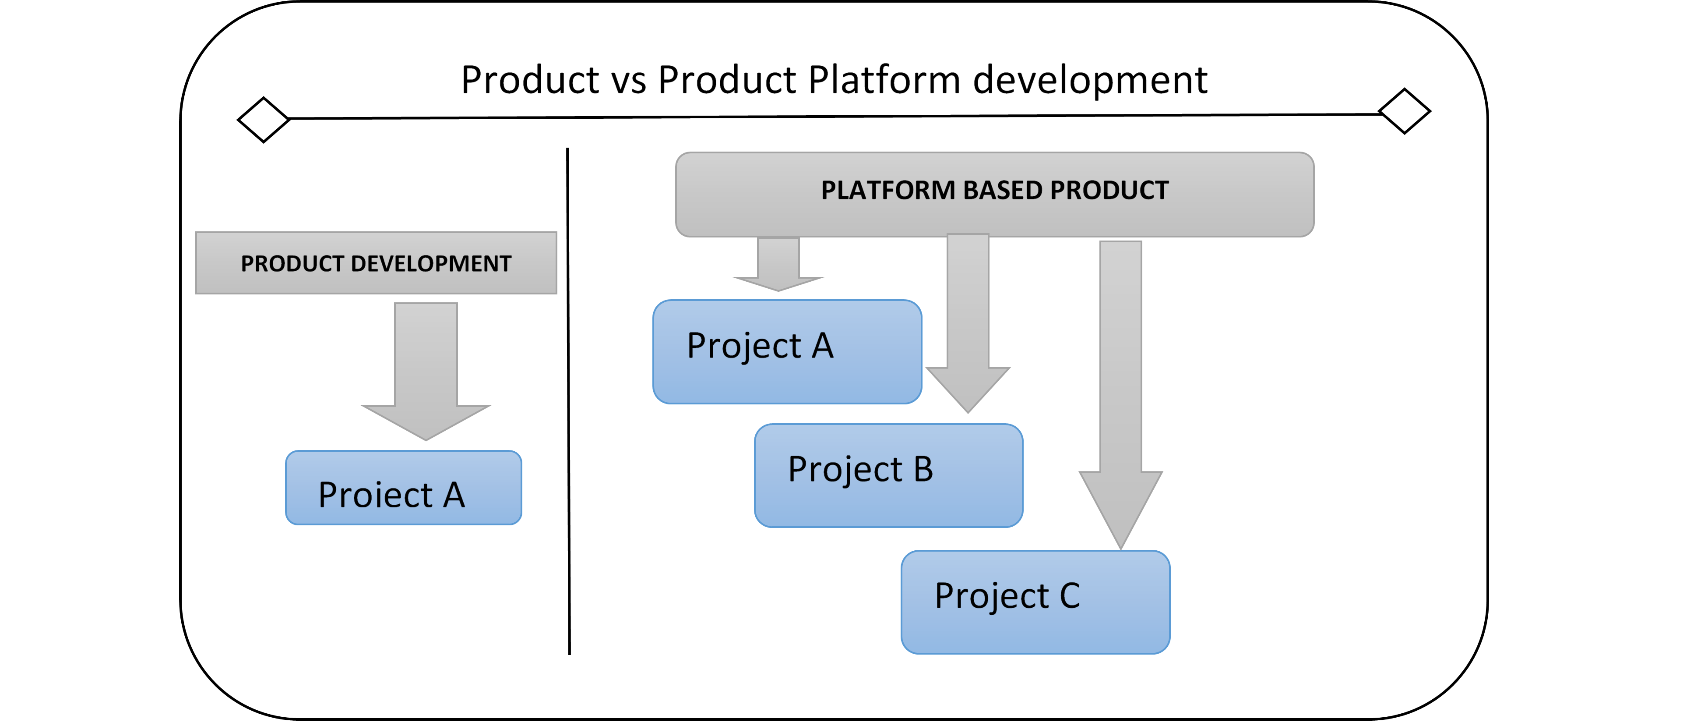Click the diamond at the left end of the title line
tap(263, 120)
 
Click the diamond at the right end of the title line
tap(1404, 111)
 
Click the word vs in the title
tap(628, 80)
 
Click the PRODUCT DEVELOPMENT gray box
tap(376, 263)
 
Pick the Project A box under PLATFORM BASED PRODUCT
tap(787, 352)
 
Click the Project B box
tap(888, 476)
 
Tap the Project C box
tap(1035, 602)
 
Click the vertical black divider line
tap(568, 398)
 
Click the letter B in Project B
tap(923, 469)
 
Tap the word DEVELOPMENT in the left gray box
tap(431, 263)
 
